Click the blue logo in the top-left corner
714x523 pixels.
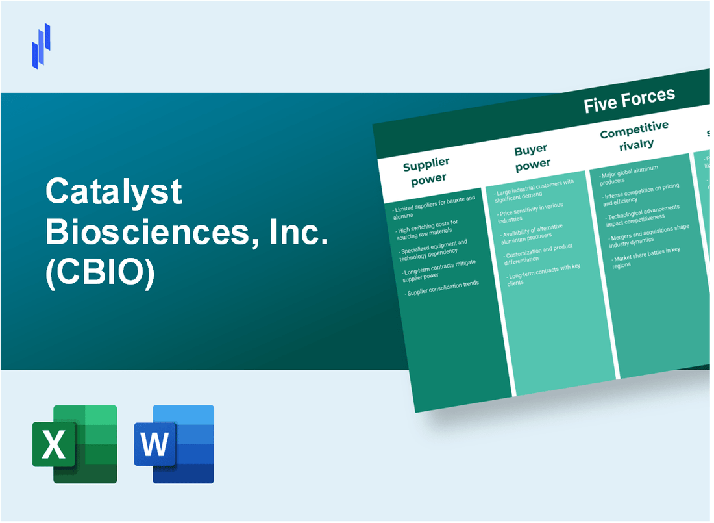point(41,45)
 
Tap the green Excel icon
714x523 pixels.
point(75,444)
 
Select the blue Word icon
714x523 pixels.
point(174,444)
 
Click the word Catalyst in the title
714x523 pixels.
point(114,193)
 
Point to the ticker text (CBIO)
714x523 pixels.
point(100,275)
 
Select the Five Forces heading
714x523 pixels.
point(629,100)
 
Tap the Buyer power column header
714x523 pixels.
point(532,157)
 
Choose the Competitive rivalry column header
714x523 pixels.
point(634,137)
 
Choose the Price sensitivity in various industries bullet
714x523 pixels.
point(536,210)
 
